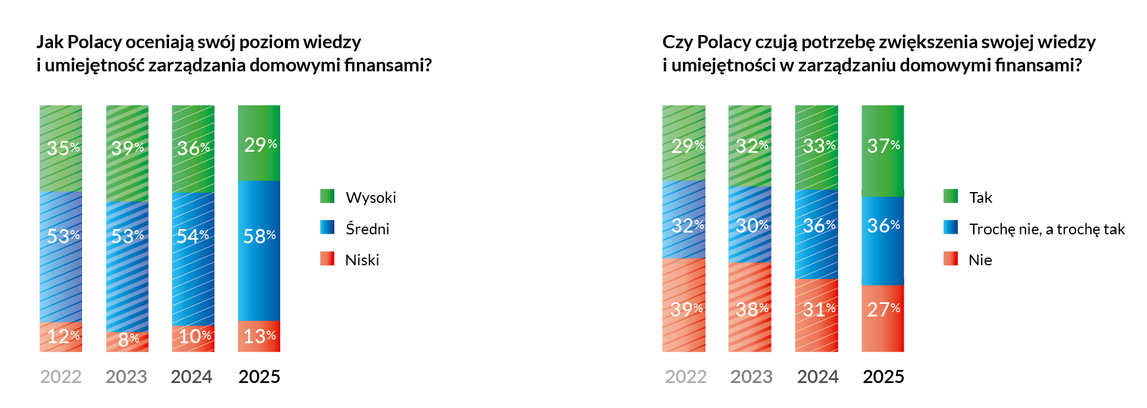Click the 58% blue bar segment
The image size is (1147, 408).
click(259, 250)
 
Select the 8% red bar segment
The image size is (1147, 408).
click(127, 341)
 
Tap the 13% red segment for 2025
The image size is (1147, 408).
click(259, 336)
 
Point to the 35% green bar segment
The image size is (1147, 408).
click(61, 148)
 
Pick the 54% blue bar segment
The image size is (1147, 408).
click(193, 259)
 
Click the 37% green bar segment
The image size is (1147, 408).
click(882, 150)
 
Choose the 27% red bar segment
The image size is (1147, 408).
click(882, 318)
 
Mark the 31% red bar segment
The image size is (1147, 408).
click(816, 315)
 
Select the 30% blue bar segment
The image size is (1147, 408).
click(750, 225)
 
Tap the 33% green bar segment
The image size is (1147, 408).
click(816, 147)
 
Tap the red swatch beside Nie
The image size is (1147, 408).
click(950, 259)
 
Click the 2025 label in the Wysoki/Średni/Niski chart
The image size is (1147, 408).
click(259, 376)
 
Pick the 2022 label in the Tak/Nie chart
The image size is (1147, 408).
click(685, 376)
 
